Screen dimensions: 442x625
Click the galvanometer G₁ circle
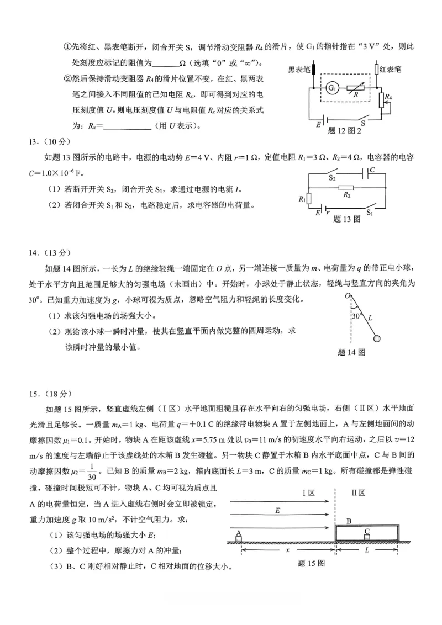coord(331,88)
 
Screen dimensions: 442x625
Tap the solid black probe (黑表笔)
coord(313,70)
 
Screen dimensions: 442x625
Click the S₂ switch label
coord(333,178)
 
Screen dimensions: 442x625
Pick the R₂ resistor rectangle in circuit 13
coord(348,188)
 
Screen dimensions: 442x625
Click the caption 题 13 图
coord(347,219)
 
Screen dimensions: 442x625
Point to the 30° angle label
coord(356,316)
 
